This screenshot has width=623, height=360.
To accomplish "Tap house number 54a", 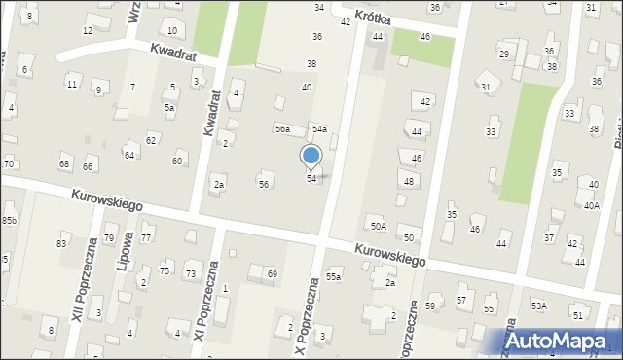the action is pyautogui.click(x=318, y=128).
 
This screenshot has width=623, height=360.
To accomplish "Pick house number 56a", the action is pyautogui.click(x=282, y=128).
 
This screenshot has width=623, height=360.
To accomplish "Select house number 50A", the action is pyautogui.click(x=377, y=226).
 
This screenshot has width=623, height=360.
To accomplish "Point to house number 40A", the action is pyautogui.click(x=592, y=205).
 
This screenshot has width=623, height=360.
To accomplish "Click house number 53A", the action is pyautogui.click(x=538, y=306).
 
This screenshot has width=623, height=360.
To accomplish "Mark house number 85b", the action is pyautogui.click(x=9, y=221).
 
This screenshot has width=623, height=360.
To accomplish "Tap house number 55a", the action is pyautogui.click(x=333, y=276).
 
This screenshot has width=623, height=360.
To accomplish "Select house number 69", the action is pyautogui.click(x=272, y=274).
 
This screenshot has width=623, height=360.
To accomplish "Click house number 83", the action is pyautogui.click(x=61, y=242).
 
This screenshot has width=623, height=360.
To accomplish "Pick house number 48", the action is pyautogui.click(x=409, y=181).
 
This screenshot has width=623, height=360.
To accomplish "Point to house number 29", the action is pyautogui.click(x=503, y=54).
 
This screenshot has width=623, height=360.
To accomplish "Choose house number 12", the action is pyautogui.click(x=88, y=30).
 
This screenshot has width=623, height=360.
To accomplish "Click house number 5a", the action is pyautogui.click(x=168, y=107).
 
